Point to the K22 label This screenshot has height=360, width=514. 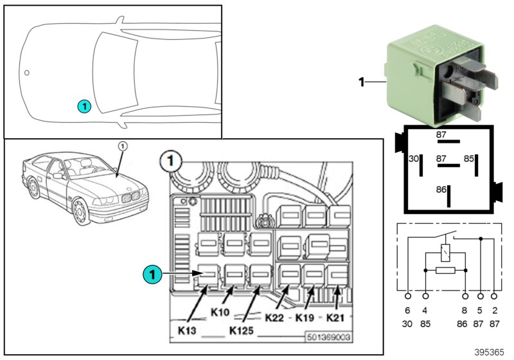274,318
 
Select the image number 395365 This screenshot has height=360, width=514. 490,353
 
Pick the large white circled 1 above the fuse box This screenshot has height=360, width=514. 170,157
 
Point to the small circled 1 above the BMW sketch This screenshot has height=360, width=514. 122,147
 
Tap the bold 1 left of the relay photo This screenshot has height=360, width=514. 361,82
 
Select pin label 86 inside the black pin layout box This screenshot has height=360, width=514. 440,190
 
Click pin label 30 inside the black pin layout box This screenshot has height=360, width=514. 414,157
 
